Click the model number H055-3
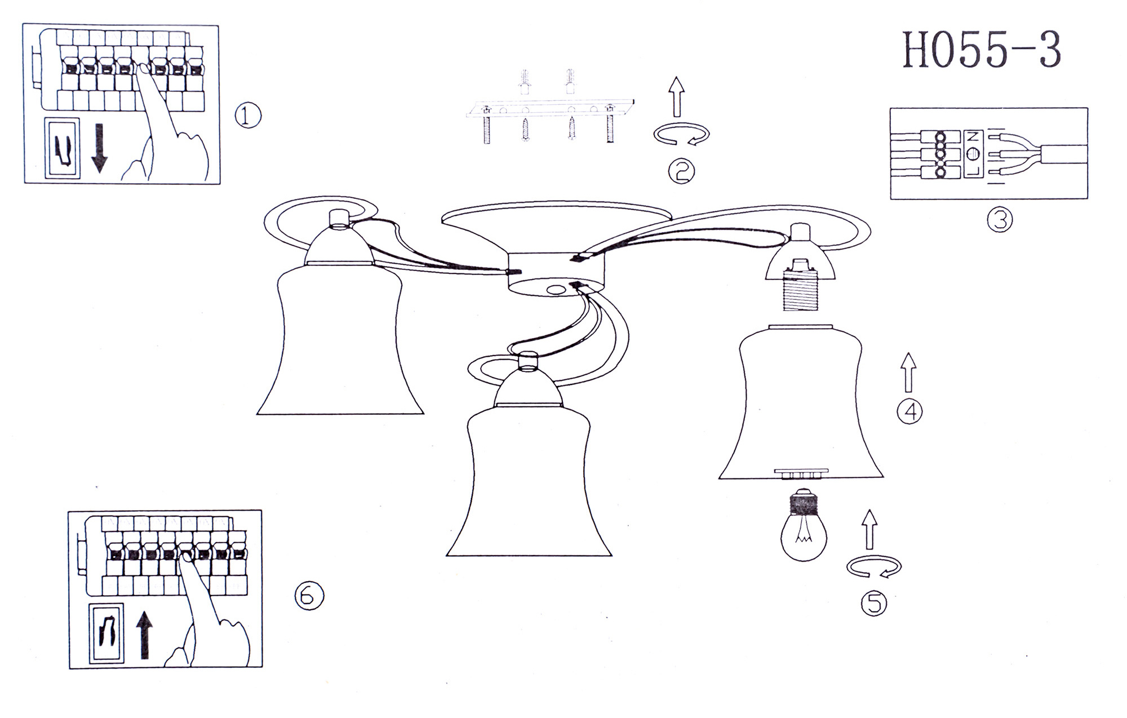coord(982,50)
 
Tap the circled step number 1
coord(248,116)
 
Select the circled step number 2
coord(681,171)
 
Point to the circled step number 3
coord(1000,219)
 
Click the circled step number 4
coord(909,411)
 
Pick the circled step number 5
coord(874,604)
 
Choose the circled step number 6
coord(309,595)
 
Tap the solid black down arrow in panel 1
coord(99,148)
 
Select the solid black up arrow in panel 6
coord(145,635)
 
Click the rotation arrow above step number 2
coord(681,135)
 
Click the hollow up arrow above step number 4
coord(908,372)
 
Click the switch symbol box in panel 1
coord(62,147)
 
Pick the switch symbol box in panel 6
coord(106,633)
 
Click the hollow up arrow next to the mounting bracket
coord(677,97)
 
